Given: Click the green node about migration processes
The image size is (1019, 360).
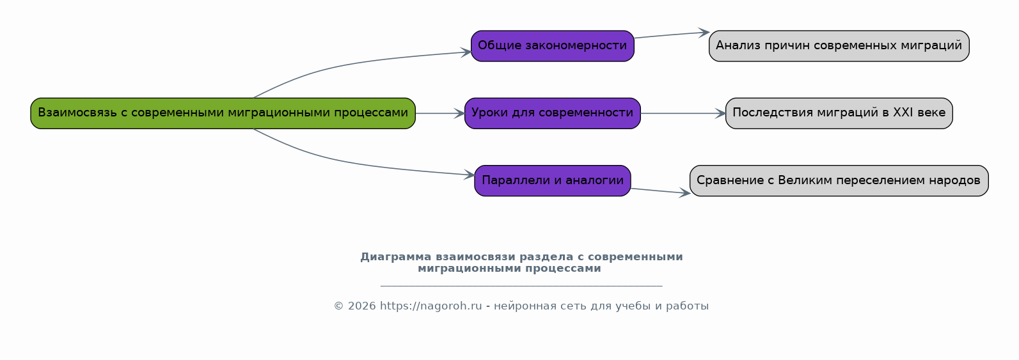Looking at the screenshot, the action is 223,113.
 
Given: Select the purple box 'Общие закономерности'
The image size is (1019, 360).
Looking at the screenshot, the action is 552,46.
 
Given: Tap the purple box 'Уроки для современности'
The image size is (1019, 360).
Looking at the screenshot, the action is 552,113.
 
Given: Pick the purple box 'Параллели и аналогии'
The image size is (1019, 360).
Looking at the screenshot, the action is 552,180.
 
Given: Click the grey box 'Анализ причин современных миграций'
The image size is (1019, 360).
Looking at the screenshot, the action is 839,46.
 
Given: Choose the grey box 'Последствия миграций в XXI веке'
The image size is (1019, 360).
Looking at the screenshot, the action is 839,113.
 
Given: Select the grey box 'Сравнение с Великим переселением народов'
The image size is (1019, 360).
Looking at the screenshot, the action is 839,180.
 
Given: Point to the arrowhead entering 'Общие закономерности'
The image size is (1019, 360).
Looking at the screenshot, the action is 466,52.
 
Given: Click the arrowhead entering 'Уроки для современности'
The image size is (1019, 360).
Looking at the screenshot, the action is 459,113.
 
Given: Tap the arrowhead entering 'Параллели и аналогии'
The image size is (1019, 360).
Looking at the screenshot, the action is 470,175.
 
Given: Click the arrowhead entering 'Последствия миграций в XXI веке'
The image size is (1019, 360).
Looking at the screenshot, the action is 720,113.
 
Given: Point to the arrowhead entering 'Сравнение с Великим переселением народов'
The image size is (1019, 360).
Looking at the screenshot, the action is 684,193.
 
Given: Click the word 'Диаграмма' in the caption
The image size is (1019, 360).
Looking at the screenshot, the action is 395,257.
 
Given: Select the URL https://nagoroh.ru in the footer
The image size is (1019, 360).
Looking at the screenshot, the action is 431,306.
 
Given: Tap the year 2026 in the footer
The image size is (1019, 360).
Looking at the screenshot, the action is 362,306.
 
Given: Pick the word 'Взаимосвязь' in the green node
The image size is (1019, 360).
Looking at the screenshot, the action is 77,113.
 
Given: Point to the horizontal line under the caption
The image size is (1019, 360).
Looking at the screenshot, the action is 521,286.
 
